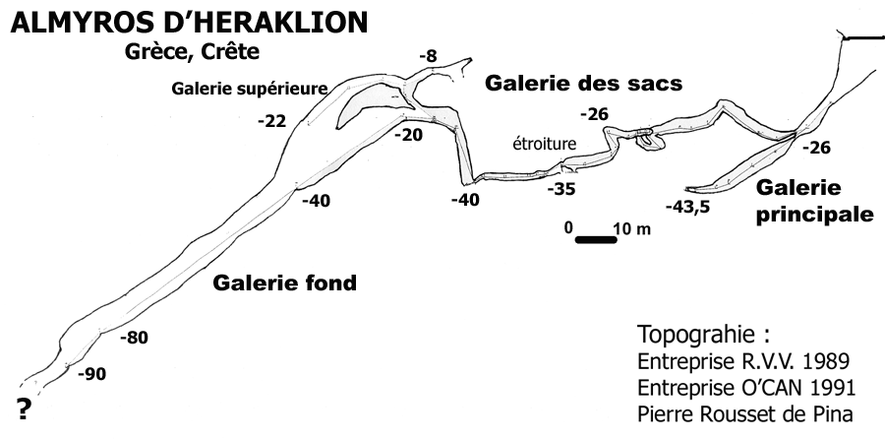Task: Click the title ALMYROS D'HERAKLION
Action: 188,24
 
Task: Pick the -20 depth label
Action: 408,135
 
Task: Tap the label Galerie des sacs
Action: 584,84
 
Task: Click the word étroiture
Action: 544,144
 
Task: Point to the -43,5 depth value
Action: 688,207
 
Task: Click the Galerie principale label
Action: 814,200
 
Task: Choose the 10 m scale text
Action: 630,228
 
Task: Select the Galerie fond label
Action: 284,284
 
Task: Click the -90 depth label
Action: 93,373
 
